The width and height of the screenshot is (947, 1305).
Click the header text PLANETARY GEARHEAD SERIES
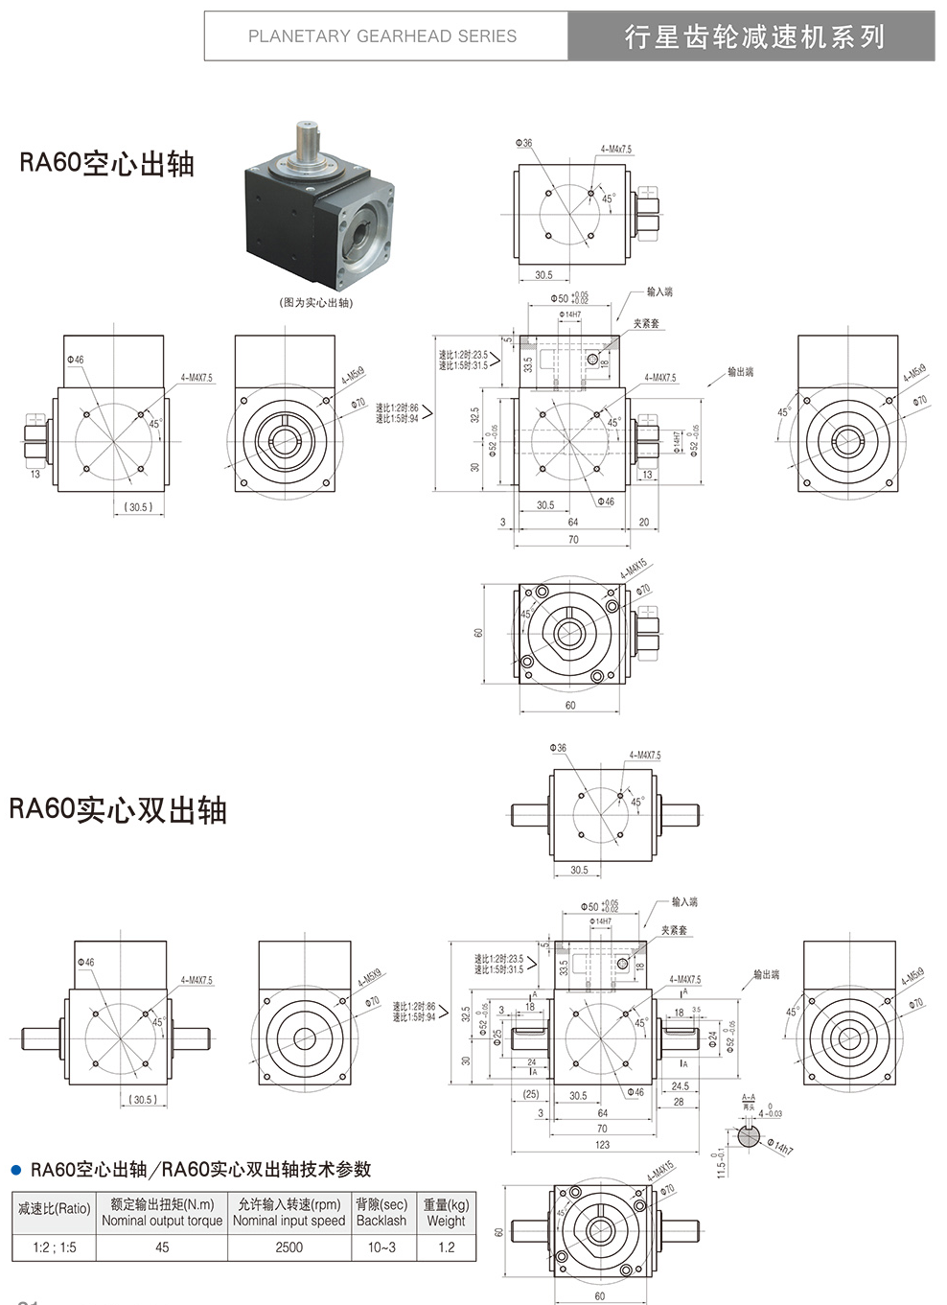[381, 36]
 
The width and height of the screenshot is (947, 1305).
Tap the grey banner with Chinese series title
[752, 36]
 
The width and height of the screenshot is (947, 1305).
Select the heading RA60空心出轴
[106, 163]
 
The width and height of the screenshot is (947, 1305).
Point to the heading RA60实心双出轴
[118, 809]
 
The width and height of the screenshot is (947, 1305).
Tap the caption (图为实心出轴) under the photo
[316, 303]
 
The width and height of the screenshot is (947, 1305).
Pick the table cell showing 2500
[289, 1247]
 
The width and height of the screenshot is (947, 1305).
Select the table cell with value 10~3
[381, 1247]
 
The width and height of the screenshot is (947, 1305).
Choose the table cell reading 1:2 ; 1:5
[54, 1247]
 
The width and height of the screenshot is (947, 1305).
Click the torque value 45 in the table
[162, 1247]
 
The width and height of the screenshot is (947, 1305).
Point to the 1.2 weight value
[446, 1247]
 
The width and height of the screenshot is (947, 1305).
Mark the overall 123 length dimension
[602, 1145]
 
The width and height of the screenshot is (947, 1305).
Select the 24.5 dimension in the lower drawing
[680, 1086]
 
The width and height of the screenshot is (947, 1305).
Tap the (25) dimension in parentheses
[530, 1094]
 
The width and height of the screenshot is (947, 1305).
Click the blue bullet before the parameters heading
[15, 1170]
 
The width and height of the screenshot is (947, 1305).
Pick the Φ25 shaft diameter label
[497, 1037]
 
